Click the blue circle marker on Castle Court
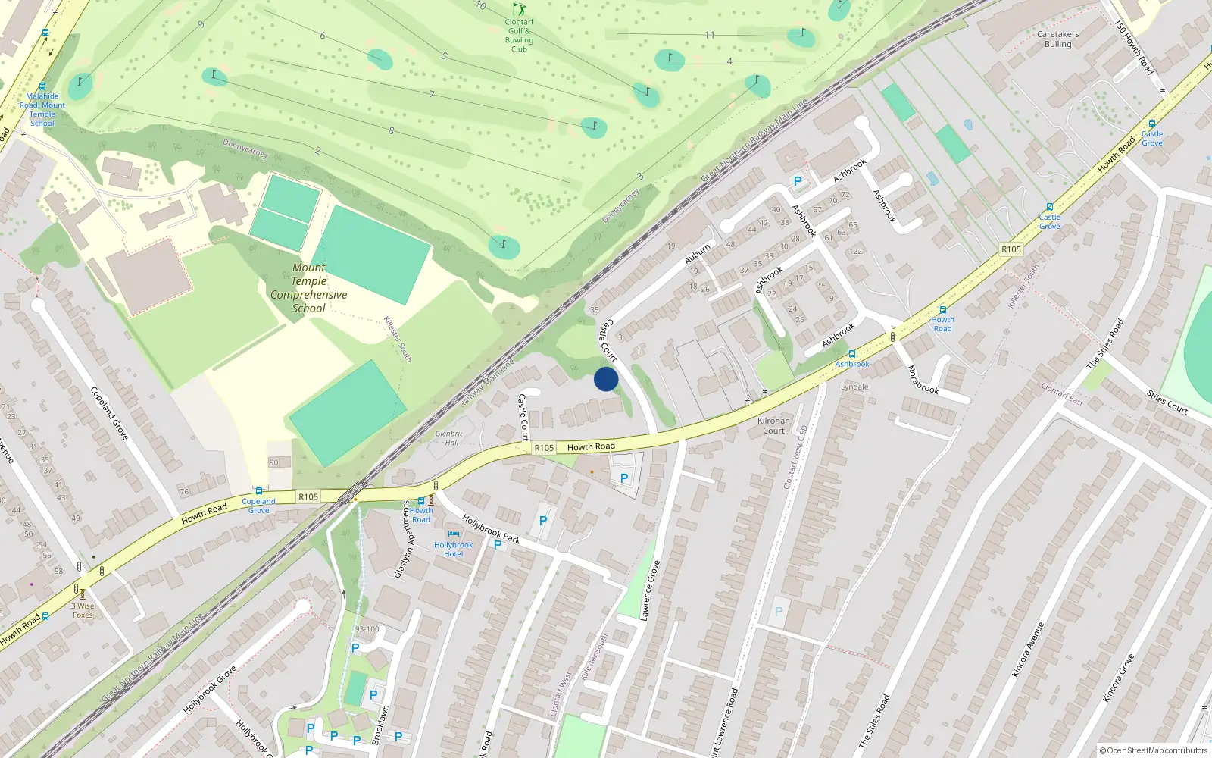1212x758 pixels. tap(606, 379)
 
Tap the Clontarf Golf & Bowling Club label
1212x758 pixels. tap(519, 36)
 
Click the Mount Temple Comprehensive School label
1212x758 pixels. tap(309, 288)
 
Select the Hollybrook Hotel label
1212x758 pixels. tap(453, 549)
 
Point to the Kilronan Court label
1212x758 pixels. tap(773, 425)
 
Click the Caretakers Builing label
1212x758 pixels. tap(1057, 39)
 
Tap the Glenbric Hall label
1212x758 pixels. tap(450, 438)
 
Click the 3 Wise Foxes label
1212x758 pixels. tap(83, 610)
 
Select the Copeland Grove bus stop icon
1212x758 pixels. tap(259, 491)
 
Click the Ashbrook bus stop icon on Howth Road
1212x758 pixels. tap(852, 354)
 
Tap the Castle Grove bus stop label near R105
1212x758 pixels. tap(1049, 221)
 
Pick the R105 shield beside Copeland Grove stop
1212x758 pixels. tap(308, 497)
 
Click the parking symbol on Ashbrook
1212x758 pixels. tap(797, 181)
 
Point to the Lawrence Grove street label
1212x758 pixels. tap(650, 590)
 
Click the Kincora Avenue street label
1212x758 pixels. tap(1028, 649)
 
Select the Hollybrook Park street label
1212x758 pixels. tap(491, 529)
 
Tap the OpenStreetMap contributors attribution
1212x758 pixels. tap(1153, 750)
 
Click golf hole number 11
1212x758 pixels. tap(710, 35)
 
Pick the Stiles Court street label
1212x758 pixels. tap(1167, 402)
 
